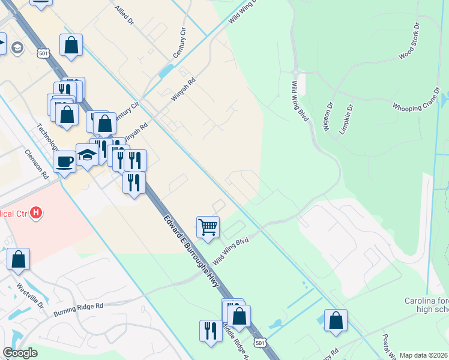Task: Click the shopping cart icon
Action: point(208,227)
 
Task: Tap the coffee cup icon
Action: point(64,161)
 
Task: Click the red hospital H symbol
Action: point(37,212)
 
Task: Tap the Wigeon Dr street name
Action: point(328,118)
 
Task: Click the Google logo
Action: point(20,353)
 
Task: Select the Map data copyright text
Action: point(424,355)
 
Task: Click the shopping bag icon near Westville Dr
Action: point(18,259)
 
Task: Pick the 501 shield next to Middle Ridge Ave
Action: point(259,343)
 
